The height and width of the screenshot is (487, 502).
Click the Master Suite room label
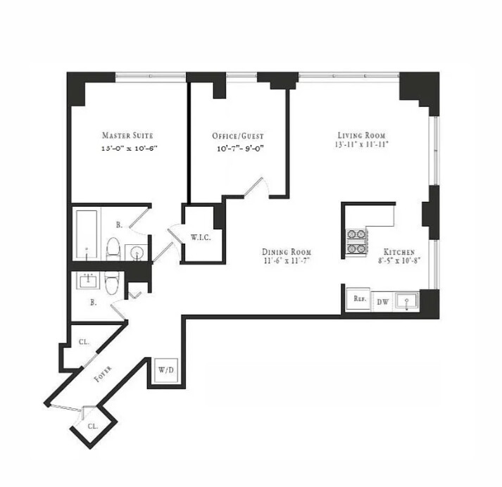127,135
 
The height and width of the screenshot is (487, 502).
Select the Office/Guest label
238,136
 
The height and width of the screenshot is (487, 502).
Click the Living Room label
361,135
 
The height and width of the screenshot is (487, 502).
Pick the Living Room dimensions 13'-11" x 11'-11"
361,145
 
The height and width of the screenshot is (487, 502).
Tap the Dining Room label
287,252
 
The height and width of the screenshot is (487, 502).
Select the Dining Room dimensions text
287,262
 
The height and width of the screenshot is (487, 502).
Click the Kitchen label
399,252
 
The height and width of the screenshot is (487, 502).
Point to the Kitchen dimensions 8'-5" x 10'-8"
399,262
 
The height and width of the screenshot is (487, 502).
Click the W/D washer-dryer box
166,369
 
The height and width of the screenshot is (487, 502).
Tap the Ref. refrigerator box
359,299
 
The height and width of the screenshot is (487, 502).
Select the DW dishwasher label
382,302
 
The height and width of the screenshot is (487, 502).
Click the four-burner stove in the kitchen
356,242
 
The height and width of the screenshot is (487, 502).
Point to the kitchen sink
406,302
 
